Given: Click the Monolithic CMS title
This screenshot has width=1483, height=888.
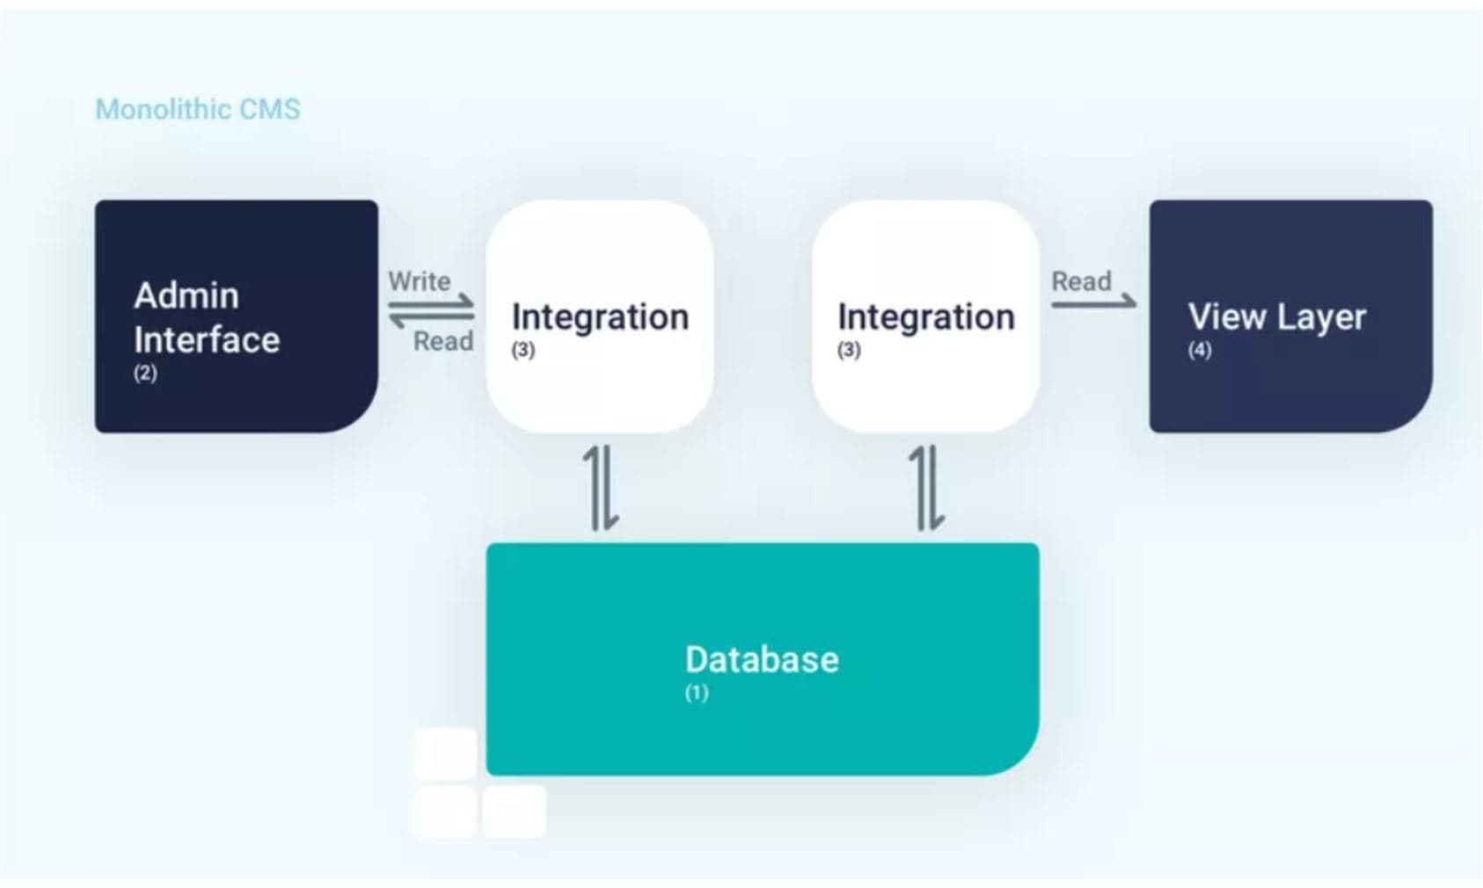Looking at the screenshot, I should click(197, 109).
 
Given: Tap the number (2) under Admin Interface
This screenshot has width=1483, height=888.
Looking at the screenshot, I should click(145, 373).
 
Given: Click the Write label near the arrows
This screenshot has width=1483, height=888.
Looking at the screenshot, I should click(420, 281).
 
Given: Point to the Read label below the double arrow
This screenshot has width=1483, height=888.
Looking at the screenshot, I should click(443, 341).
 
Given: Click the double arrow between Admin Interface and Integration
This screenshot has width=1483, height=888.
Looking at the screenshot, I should click(432, 312).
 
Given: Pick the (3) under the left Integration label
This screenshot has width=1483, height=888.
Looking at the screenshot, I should click(523, 350).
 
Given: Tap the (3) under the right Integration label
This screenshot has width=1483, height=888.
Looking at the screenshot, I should click(849, 350).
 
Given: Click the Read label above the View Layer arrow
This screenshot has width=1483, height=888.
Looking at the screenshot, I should click(1081, 281).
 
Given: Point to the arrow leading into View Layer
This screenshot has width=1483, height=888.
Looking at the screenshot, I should click(1093, 303).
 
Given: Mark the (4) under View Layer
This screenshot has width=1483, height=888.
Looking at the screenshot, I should click(1200, 350).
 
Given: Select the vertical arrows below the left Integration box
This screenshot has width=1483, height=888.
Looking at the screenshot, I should click(603, 488).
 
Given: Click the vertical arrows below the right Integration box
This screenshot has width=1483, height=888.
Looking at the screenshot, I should click(927, 488).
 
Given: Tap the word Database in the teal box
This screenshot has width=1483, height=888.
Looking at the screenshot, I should click(762, 659).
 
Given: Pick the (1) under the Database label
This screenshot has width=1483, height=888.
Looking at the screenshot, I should click(697, 693).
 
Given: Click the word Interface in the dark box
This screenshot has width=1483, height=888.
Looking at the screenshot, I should click(207, 339).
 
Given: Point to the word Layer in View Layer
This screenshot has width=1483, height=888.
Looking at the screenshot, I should click(1324, 317).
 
